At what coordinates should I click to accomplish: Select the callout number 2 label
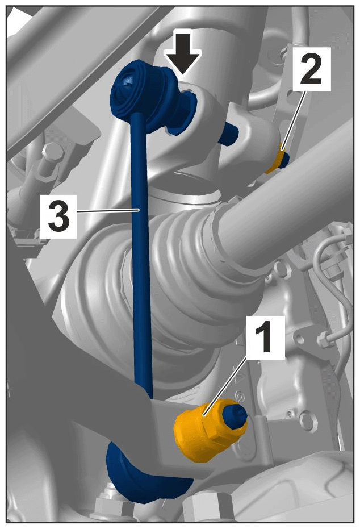tap(312, 69)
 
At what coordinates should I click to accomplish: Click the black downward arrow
tap(183, 53)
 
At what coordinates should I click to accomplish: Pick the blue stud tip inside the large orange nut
tap(235, 416)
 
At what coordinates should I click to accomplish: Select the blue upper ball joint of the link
tap(141, 91)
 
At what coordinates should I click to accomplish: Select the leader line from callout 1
tap(224, 386)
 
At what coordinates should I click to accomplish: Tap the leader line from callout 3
tap(108, 210)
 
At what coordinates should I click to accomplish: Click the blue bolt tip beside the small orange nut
tap(284, 160)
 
